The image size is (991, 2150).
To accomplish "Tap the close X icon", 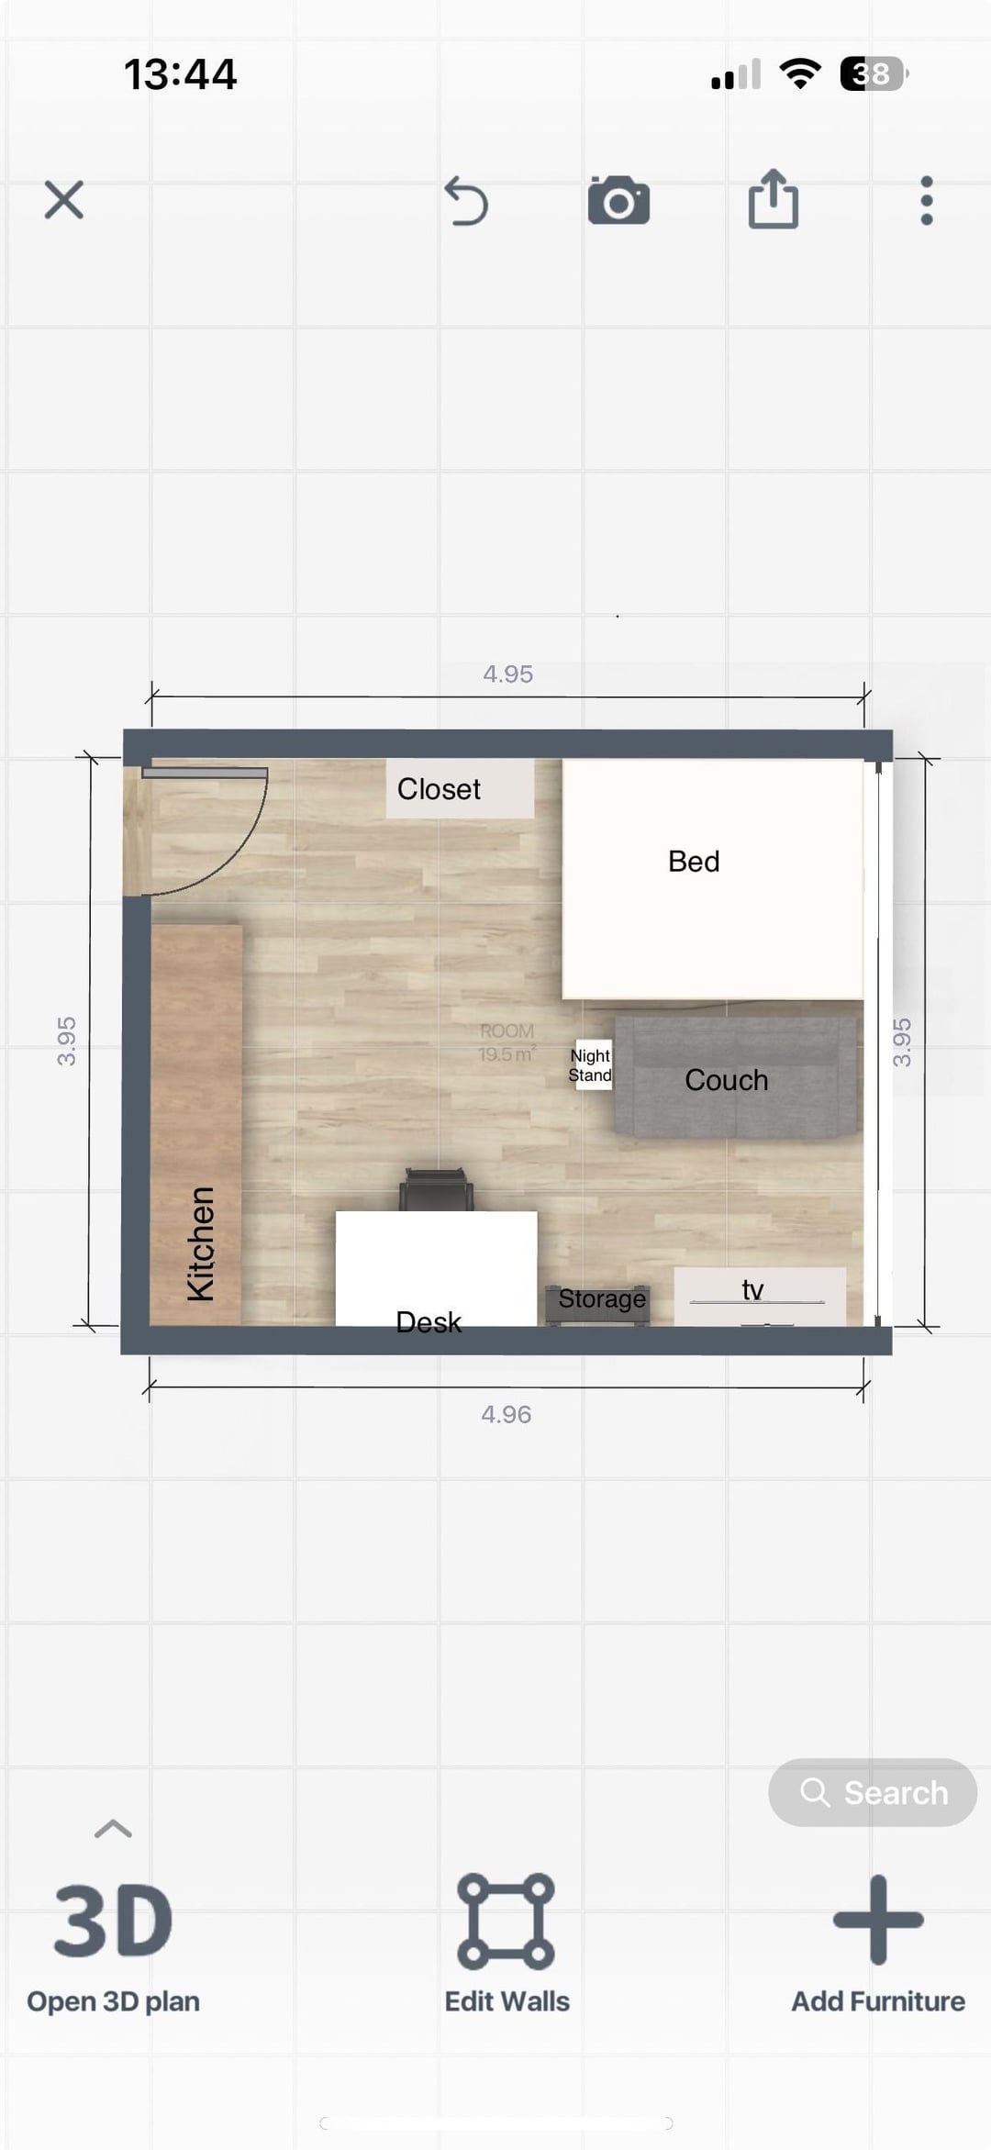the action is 64,199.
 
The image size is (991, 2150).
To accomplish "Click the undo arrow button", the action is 466,201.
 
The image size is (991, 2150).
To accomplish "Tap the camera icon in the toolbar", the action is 618,200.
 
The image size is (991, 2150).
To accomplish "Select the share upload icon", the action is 774,198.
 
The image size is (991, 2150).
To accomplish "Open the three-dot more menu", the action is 927,200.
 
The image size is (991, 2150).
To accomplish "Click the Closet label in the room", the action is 439,789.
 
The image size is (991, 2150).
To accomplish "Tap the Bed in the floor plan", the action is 713,879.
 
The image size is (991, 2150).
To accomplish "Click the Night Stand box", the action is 591,1065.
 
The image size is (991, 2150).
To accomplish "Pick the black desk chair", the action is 437,1190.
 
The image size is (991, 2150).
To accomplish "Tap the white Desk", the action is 436,1269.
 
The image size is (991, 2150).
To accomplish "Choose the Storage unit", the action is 598,1303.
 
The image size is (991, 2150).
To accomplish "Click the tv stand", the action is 760,1297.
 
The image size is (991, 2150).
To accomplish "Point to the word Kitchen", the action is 201,1243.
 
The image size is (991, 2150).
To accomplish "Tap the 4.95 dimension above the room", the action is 507,674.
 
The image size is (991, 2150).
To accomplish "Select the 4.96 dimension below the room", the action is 507,1414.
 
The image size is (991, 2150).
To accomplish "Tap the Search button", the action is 873,1792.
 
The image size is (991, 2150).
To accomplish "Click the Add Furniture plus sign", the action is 878,1920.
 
